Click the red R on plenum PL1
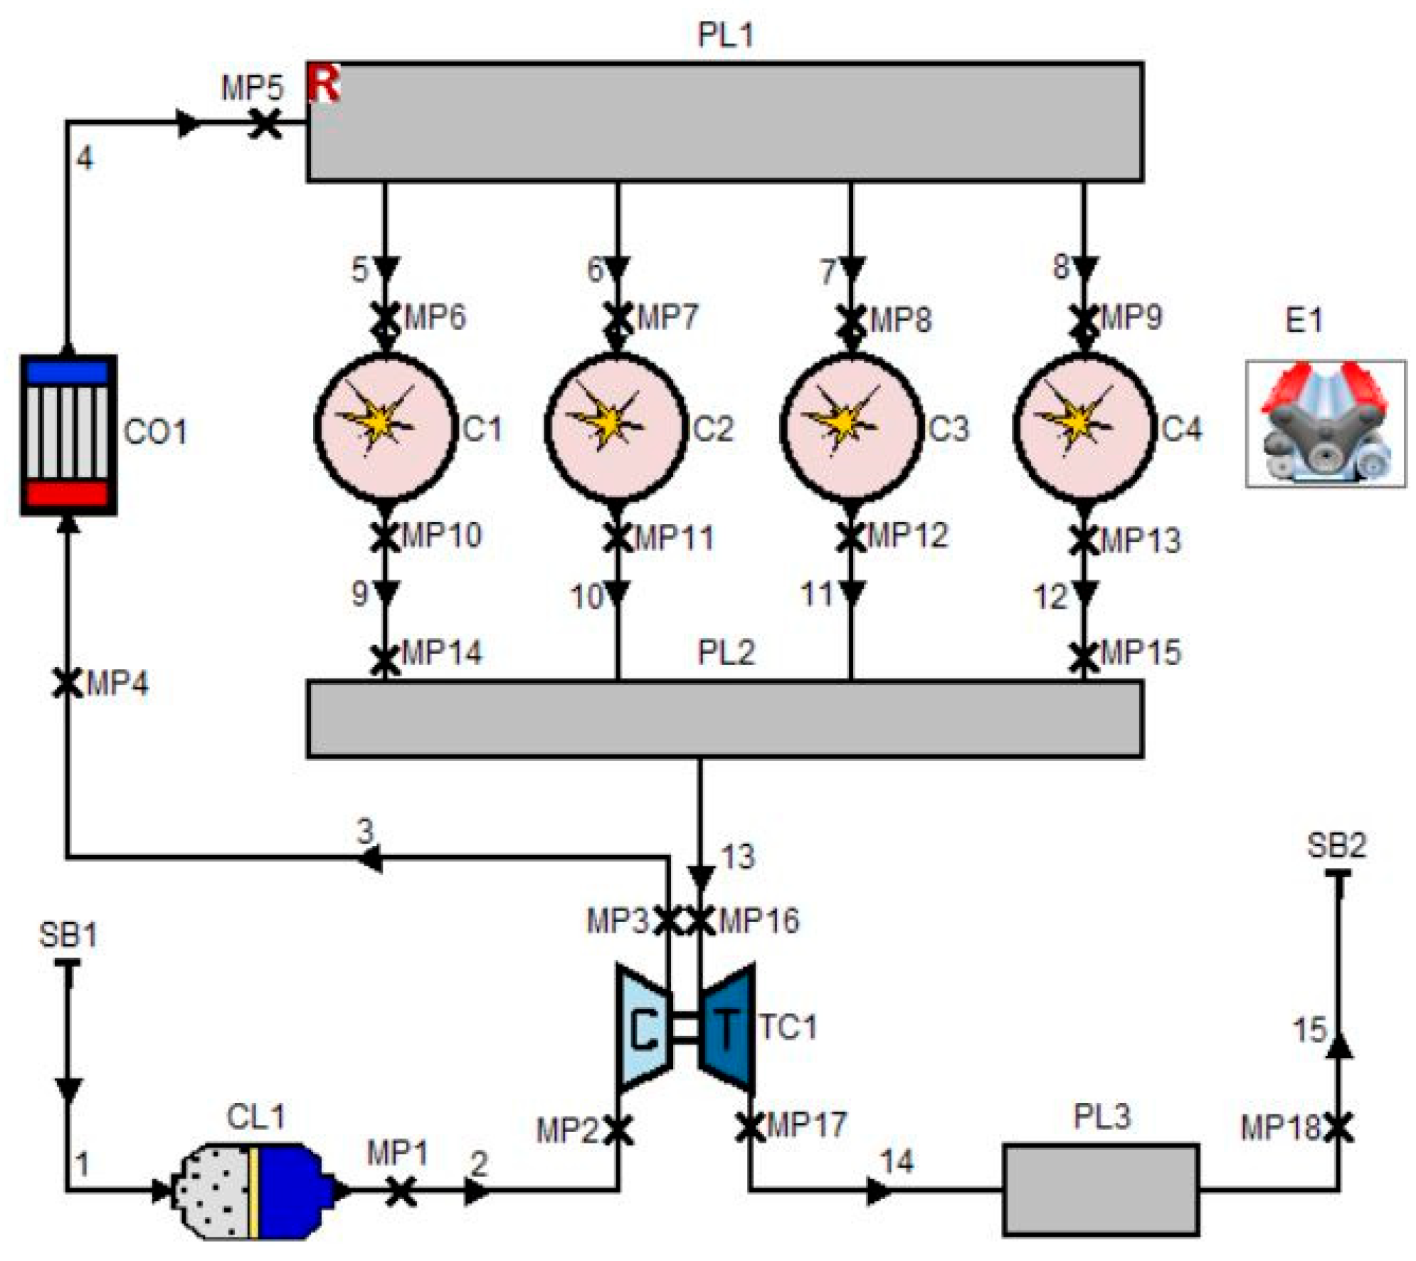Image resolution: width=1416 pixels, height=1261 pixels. (x=323, y=83)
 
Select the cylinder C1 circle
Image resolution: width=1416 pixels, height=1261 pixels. (x=385, y=427)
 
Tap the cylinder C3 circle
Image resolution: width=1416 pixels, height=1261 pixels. (x=852, y=427)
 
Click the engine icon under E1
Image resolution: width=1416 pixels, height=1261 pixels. (x=1325, y=424)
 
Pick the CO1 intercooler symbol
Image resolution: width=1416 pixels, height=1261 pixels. (x=68, y=434)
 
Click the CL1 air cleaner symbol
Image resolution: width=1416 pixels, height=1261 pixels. (x=260, y=1190)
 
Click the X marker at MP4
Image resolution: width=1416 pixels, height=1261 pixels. (x=68, y=683)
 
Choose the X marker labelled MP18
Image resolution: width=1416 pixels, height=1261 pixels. (x=1338, y=1127)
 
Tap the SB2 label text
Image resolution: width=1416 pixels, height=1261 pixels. (x=1337, y=845)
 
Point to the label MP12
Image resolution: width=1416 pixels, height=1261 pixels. (x=908, y=535)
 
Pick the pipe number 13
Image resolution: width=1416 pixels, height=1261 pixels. (x=738, y=857)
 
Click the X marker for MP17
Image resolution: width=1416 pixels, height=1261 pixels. (x=750, y=1127)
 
